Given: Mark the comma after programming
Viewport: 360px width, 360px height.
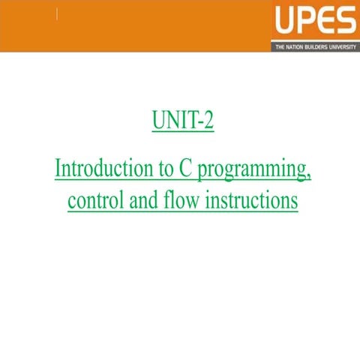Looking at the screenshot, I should click(x=308, y=178).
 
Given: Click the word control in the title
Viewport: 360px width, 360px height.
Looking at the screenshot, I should click(x=91, y=201).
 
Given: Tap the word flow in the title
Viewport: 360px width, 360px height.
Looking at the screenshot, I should click(x=178, y=201).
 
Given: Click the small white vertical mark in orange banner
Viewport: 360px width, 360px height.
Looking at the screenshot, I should click(x=58, y=15).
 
